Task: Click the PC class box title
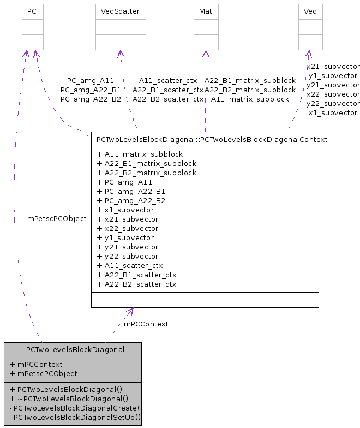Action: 32,11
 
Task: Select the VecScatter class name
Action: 120,11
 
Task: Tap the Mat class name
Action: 206,11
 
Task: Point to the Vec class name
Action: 309,11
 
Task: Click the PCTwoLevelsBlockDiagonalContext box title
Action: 212,139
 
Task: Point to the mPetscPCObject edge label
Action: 57,218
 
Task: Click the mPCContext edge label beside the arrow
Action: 146,324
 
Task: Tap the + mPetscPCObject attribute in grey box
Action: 44,373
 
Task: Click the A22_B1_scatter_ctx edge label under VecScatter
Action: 168,90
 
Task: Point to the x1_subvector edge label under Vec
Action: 333,112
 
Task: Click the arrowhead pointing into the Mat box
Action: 206,53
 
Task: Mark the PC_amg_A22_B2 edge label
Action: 91,99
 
